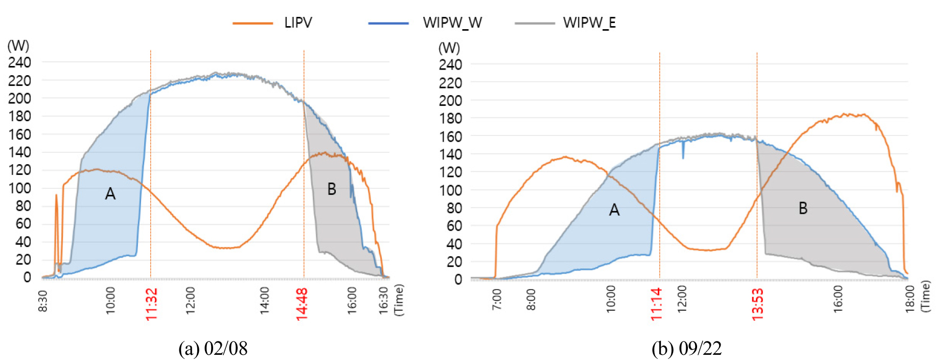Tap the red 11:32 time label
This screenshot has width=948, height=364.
(152, 304)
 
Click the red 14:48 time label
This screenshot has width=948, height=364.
(303, 304)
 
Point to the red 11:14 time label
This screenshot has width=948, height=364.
(657, 304)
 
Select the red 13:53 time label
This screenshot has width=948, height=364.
(757, 304)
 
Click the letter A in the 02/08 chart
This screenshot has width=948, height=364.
(110, 194)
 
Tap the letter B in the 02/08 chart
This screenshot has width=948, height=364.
(332, 190)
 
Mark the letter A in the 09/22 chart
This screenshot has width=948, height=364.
(614, 210)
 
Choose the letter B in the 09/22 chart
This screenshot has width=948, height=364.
(803, 209)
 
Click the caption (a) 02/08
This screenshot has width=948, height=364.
(213, 349)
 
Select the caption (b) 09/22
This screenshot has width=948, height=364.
(686, 349)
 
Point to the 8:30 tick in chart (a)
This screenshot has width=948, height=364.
(43, 301)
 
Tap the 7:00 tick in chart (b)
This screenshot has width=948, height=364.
(497, 299)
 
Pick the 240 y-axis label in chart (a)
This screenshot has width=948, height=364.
(20, 63)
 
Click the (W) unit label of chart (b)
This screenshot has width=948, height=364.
(449, 48)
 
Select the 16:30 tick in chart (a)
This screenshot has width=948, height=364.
(384, 299)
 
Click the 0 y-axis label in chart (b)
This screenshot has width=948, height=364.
(458, 280)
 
